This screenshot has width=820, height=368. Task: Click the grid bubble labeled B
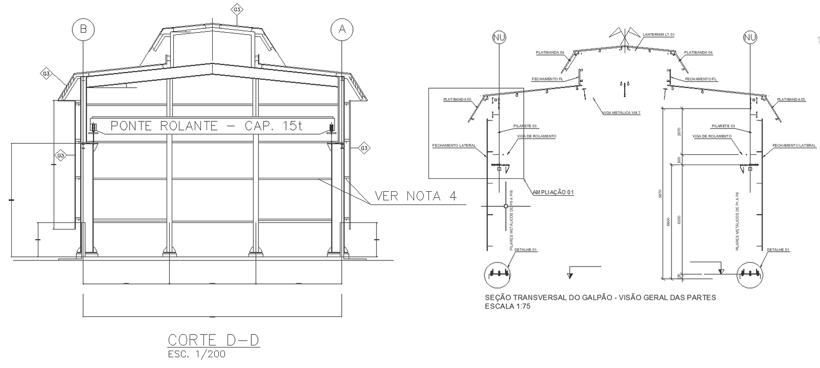point(83,30)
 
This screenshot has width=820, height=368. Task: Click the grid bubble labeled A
point(342,30)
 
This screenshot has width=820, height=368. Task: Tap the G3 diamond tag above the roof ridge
point(236,10)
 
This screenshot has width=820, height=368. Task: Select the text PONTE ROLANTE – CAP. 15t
point(207,126)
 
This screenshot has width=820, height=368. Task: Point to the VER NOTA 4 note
point(416,196)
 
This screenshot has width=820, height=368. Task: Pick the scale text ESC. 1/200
point(196,354)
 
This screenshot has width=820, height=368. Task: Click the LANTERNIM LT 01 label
point(659,35)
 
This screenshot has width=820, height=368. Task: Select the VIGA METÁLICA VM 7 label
point(622,112)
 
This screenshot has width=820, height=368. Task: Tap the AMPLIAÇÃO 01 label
point(553,192)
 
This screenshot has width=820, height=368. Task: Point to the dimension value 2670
point(680,132)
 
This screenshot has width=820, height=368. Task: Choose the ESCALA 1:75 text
point(507,306)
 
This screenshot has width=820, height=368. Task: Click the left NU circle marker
point(499,37)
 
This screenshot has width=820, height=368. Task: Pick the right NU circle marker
point(750,37)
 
